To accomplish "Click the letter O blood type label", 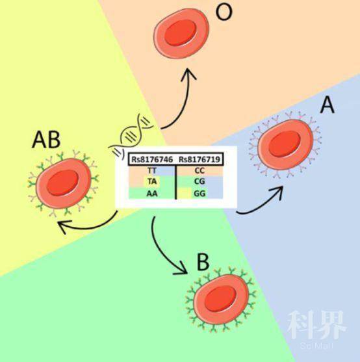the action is click(224, 12).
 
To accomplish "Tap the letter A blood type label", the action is click(328, 105).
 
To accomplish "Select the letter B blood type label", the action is click(203, 262).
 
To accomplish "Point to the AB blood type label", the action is click(46, 140).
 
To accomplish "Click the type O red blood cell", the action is click(181, 33).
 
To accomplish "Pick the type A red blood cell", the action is click(285, 145).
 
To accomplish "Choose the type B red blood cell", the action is click(221, 300).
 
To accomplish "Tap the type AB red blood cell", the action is click(63, 183).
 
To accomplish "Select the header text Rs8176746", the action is click(152, 159).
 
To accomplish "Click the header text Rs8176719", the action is click(199, 159).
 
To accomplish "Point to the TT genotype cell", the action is click(152, 171).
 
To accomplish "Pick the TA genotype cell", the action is click(152, 181).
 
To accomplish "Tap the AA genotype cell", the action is click(152, 193).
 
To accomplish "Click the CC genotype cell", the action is click(199, 171).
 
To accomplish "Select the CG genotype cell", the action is click(199, 181).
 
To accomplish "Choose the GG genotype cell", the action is click(199, 193).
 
